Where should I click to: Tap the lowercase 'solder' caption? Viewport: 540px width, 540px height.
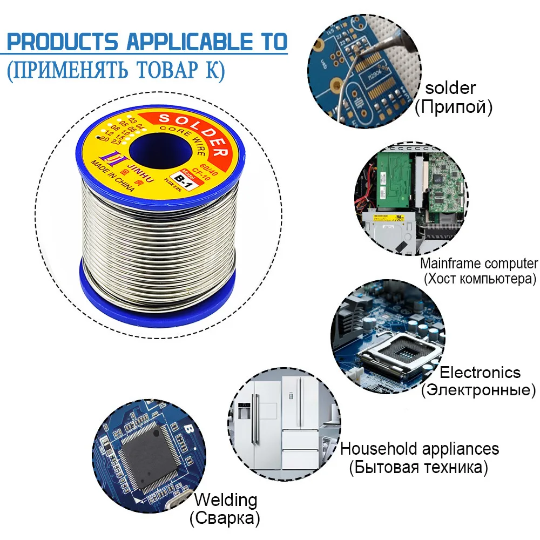click(450, 87)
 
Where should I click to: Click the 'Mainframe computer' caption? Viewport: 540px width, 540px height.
click(478, 264)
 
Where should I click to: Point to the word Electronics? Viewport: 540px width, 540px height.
click(480, 373)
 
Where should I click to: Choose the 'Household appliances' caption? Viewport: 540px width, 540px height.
click(419, 448)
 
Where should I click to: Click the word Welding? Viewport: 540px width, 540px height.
click(226, 500)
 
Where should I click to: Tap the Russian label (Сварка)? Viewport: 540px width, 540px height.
click(225, 519)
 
